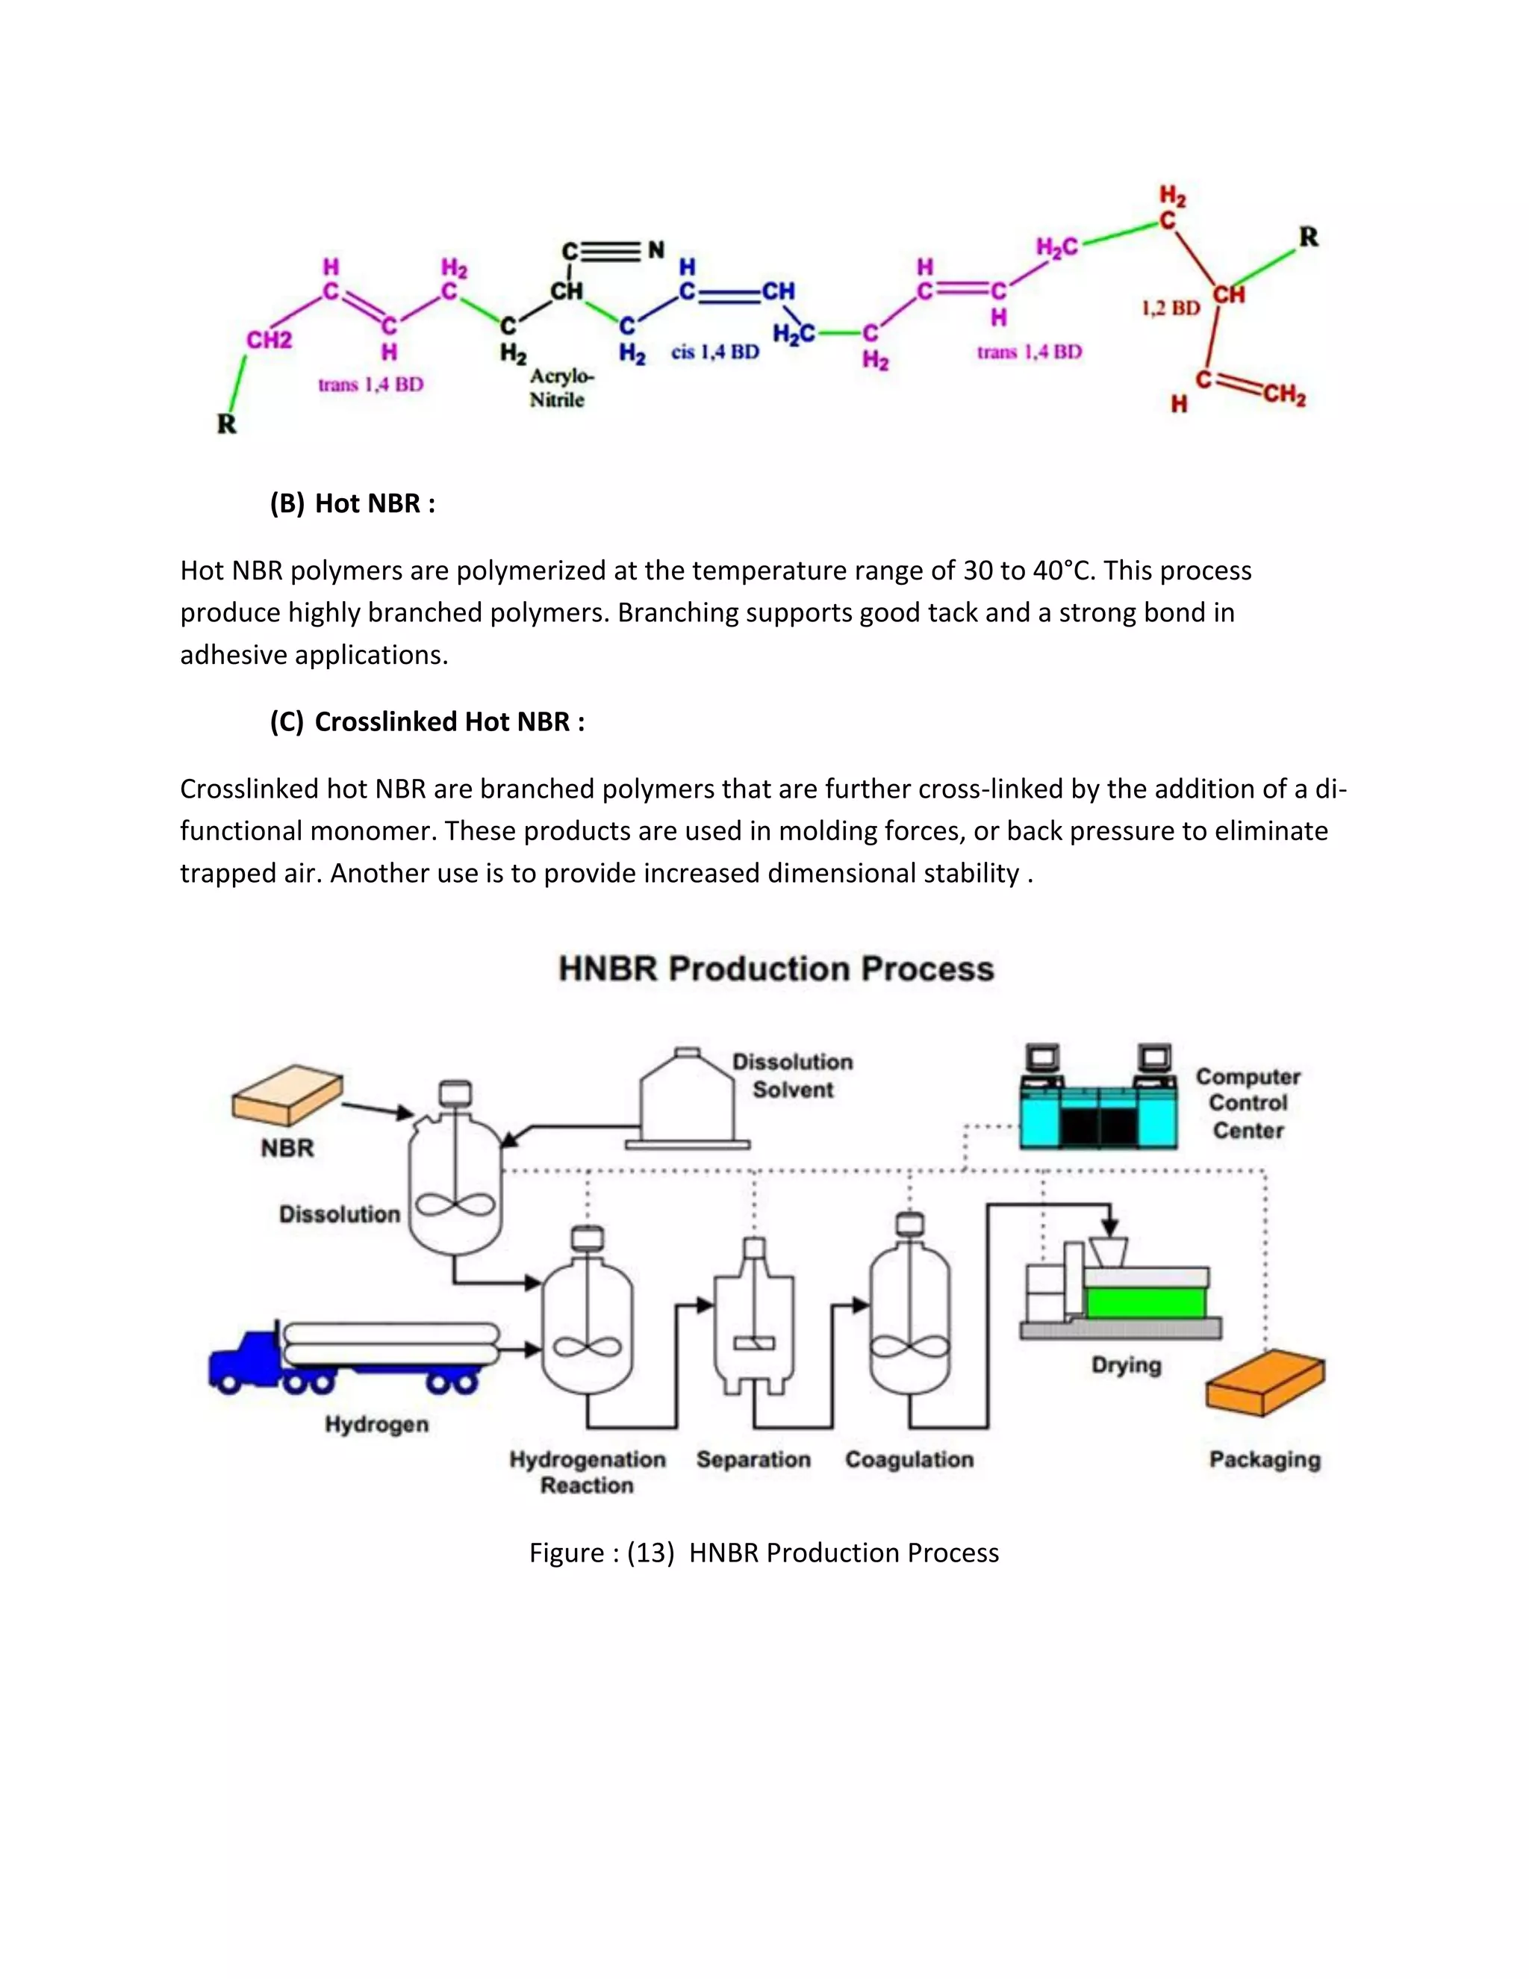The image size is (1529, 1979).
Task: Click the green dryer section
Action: [1145, 1303]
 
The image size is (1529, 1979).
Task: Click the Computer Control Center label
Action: [1248, 1103]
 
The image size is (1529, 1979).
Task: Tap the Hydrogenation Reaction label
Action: [587, 1473]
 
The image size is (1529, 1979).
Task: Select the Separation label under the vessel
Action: [753, 1460]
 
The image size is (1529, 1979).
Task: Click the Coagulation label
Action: [909, 1460]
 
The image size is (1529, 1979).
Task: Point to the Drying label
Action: [1126, 1364]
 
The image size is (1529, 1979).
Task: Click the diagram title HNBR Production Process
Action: [776, 969]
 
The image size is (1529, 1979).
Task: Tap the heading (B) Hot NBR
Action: [353, 504]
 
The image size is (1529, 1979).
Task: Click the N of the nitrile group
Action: [655, 249]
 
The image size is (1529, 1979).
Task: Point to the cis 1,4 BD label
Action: [714, 352]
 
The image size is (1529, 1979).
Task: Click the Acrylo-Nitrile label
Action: [560, 388]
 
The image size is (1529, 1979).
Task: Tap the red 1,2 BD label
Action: [1171, 308]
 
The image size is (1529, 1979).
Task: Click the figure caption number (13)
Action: [650, 1553]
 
